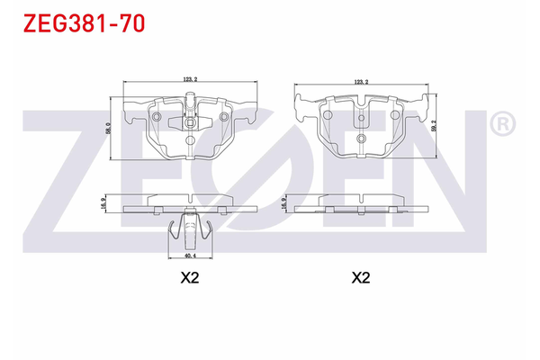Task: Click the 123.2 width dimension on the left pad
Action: pyautogui.click(x=189, y=80)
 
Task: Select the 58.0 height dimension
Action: pyautogui.click(x=109, y=130)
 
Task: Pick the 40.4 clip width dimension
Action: pyautogui.click(x=189, y=255)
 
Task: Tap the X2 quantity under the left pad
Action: pyautogui.click(x=189, y=278)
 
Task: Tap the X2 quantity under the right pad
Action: pyautogui.click(x=360, y=278)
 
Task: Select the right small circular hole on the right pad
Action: pyautogui.click(x=393, y=116)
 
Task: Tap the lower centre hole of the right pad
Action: pyautogui.click(x=360, y=139)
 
